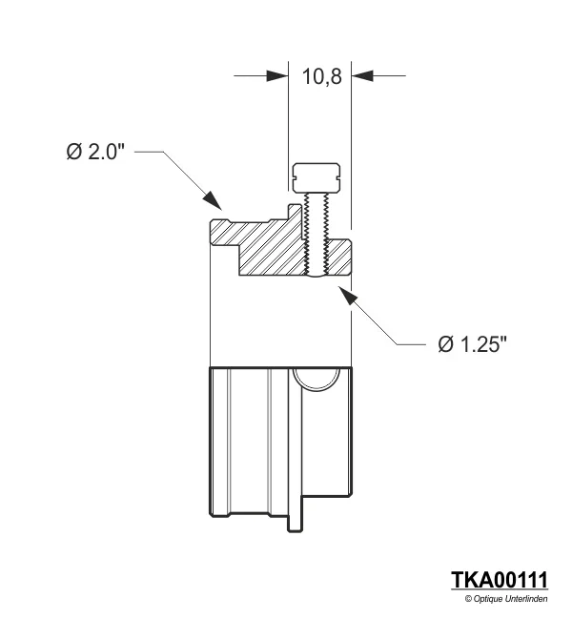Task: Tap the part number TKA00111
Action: click(500, 581)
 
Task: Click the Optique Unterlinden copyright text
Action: click(505, 598)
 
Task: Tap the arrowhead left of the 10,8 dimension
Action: click(277, 75)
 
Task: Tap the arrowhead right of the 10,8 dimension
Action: click(363, 75)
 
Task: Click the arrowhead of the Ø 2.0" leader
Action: click(214, 201)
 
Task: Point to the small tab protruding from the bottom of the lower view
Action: click(296, 521)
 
